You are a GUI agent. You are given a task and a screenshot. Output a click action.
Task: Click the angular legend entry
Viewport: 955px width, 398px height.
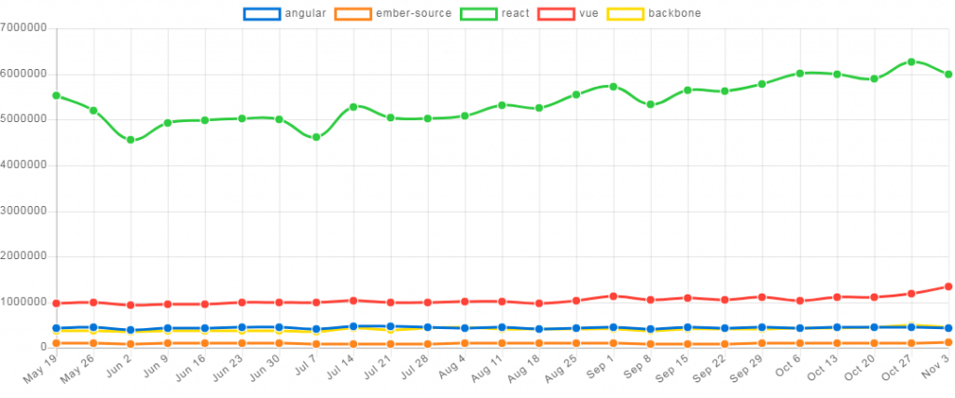click(284, 14)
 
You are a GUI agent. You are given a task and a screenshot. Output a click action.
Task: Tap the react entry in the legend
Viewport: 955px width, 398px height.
click(494, 14)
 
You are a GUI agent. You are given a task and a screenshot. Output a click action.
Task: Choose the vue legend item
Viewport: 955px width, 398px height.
click(568, 14)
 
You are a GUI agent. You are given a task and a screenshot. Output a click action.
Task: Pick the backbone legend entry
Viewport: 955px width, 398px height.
click(654, 14)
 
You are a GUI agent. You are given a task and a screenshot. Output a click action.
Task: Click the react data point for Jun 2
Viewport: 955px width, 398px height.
click(131, 140)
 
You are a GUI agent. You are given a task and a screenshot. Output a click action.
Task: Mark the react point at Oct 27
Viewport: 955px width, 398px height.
click(911, 62)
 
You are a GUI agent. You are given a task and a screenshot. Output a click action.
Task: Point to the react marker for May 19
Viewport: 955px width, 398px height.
click(56, 95)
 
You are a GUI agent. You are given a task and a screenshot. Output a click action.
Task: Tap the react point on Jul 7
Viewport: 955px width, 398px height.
click(316, 137)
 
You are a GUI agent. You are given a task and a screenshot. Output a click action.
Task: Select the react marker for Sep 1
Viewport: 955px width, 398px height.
click(613, 86)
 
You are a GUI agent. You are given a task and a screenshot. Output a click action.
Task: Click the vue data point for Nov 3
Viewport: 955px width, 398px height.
click(948, 286)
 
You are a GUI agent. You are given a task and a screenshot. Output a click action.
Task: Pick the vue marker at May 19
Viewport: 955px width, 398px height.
click(56, 303)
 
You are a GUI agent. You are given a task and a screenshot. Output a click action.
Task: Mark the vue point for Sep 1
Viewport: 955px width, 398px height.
click(613, 295)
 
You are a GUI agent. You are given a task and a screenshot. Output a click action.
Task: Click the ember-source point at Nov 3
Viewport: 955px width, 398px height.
click(948, 342)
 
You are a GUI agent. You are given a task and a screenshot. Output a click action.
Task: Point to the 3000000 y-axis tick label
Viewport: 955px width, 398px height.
click(24, 210)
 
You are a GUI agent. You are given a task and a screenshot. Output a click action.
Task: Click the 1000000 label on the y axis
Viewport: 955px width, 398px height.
click(24, 301)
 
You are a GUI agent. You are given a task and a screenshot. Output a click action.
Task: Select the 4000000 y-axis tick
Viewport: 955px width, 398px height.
click(24, 164)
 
